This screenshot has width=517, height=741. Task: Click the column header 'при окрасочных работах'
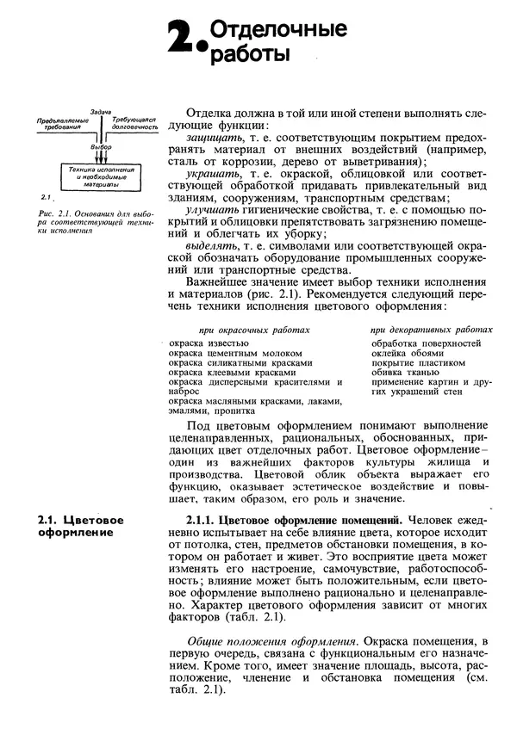(x=253, y=330)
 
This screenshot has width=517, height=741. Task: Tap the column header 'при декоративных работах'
(x=432, y=330)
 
